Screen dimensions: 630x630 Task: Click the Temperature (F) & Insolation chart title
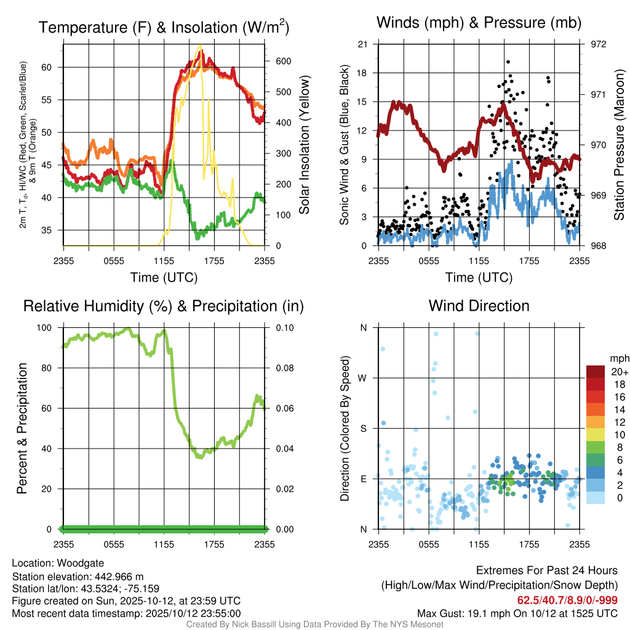point(164,28)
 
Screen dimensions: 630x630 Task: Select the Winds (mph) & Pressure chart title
point(479,23)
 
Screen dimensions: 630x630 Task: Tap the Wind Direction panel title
point(479,306)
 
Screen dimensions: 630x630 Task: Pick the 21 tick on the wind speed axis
point(362,44)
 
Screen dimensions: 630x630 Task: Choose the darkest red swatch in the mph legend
point(596,371)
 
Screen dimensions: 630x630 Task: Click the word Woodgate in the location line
point(79,564)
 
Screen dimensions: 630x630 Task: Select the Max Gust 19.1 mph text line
point(517,613)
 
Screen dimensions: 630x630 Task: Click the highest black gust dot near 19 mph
point(508,62)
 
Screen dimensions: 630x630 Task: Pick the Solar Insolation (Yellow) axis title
point(304,145)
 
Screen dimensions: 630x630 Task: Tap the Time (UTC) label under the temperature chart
point(164,277)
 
